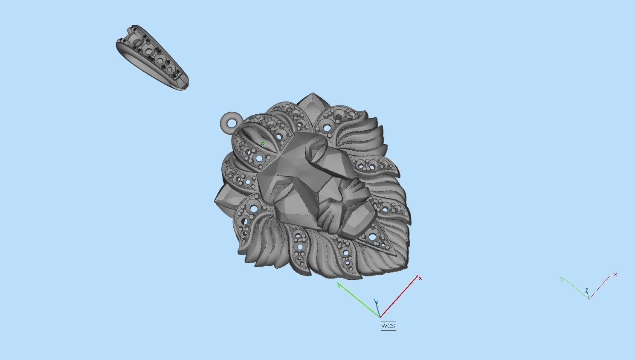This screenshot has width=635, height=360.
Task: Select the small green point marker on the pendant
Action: pos(263,144)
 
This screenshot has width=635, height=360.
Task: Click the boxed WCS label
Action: pos(388,326)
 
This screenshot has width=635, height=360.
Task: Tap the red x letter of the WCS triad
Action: pos(420,278)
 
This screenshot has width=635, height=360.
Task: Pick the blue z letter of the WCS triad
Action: pos(376,302)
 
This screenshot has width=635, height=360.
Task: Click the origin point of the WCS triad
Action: pos(380,316)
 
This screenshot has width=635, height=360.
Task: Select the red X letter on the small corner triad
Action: pos(615,275)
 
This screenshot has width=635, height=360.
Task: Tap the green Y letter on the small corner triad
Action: pos(563,279)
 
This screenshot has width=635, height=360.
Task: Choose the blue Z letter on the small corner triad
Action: pos(587,290)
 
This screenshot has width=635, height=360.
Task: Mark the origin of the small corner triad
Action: pos(589,298)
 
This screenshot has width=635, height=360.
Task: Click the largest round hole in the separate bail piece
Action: pos(137,43)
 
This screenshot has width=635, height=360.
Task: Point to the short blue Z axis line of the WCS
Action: pos(378,310)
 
